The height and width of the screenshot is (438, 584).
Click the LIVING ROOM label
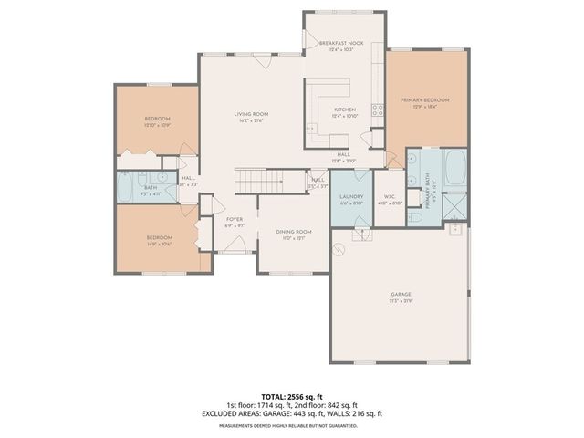click(252, 114)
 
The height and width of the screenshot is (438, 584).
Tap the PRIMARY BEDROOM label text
click(425, 100)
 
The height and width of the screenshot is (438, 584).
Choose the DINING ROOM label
click(294, 232)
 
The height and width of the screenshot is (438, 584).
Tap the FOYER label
click(235, 219)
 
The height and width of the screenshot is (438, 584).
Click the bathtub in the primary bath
click(454, 169)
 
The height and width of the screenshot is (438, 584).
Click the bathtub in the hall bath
click(126, 188)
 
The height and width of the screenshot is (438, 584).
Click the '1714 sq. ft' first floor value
click(271, 405)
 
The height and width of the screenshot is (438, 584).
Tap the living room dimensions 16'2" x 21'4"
click(252, 121)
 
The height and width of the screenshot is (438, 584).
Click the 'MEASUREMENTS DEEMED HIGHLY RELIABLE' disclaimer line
click(292, 425)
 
